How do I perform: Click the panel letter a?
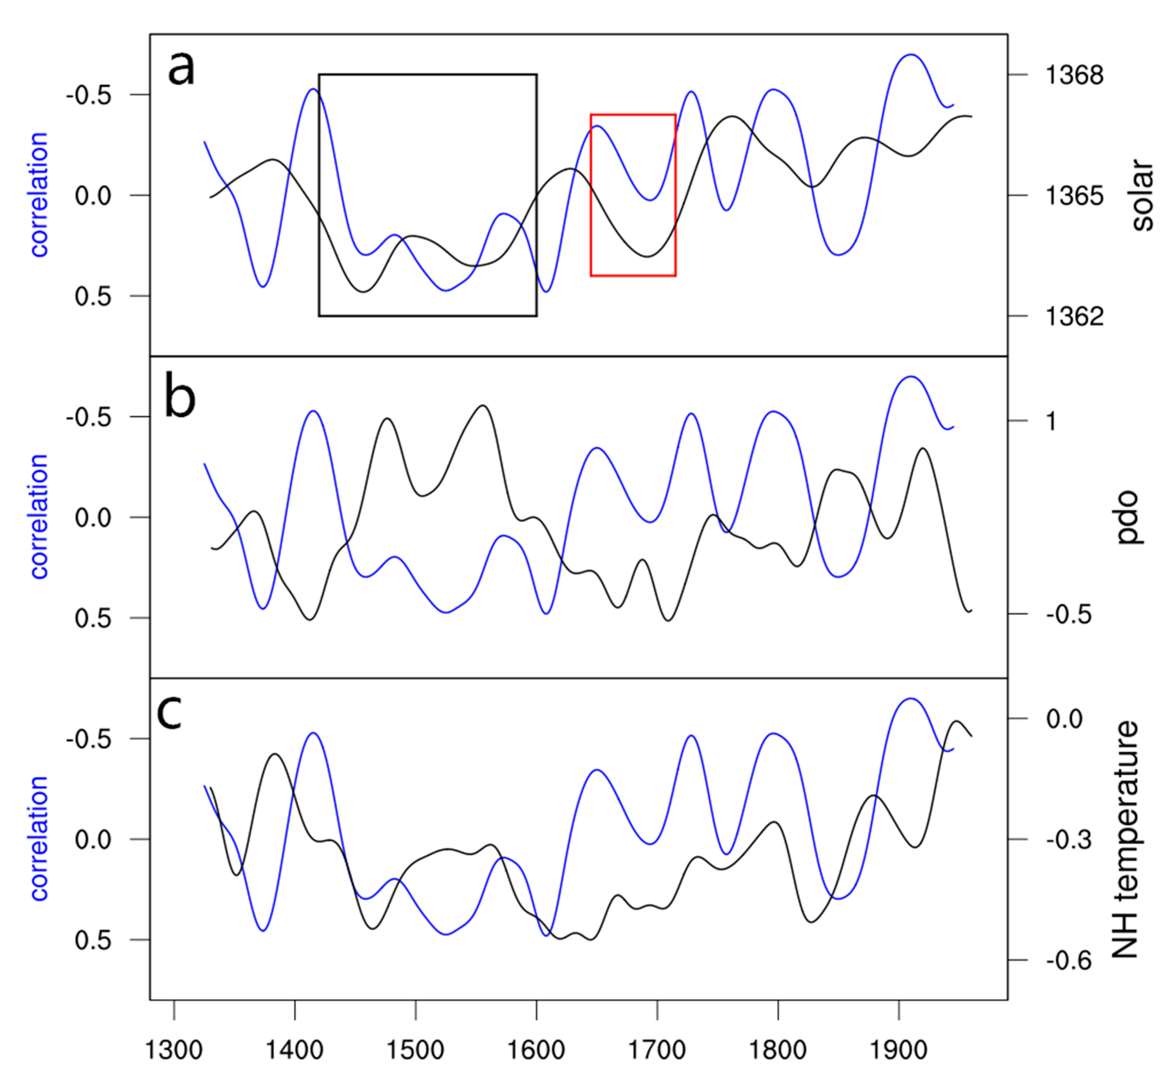[x=181, y=69]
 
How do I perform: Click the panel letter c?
[x=170, y=713]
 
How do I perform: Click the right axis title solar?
[x=1142, y=196]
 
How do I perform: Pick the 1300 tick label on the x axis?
[x=173, y=1050]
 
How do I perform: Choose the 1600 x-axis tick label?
[x=536, y=1050]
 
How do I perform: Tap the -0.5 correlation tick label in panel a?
[x=89, y=95]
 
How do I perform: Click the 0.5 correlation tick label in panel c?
[x=93, y=940]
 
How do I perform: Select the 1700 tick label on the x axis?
[x=657, y=1050]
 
